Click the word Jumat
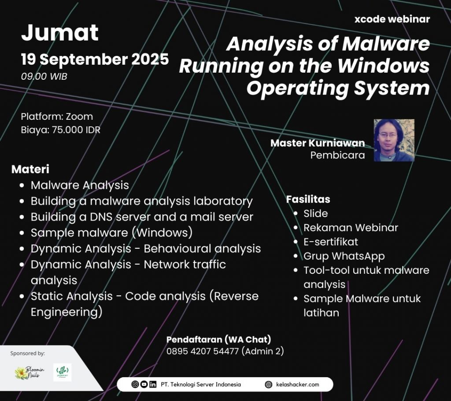point(60,33)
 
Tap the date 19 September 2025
point(95,59)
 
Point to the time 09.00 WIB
point(44,77)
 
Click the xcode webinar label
point(392,19)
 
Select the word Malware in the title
point(386,44)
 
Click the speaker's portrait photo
point(394,140)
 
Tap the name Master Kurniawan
point(318,143)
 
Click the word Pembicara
point(337,155)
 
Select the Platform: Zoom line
point(57,116)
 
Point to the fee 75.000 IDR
point(76,130)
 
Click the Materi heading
point(30,169)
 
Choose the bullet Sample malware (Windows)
point(111,232)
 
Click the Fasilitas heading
point(308,199)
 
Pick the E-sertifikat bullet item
point(331,242)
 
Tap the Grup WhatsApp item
point(344,256)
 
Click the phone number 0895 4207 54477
point(203,351)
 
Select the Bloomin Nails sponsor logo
point(30,373)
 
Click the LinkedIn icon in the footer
point(153,384)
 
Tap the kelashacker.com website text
point(297,384)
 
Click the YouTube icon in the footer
point(144,384)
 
